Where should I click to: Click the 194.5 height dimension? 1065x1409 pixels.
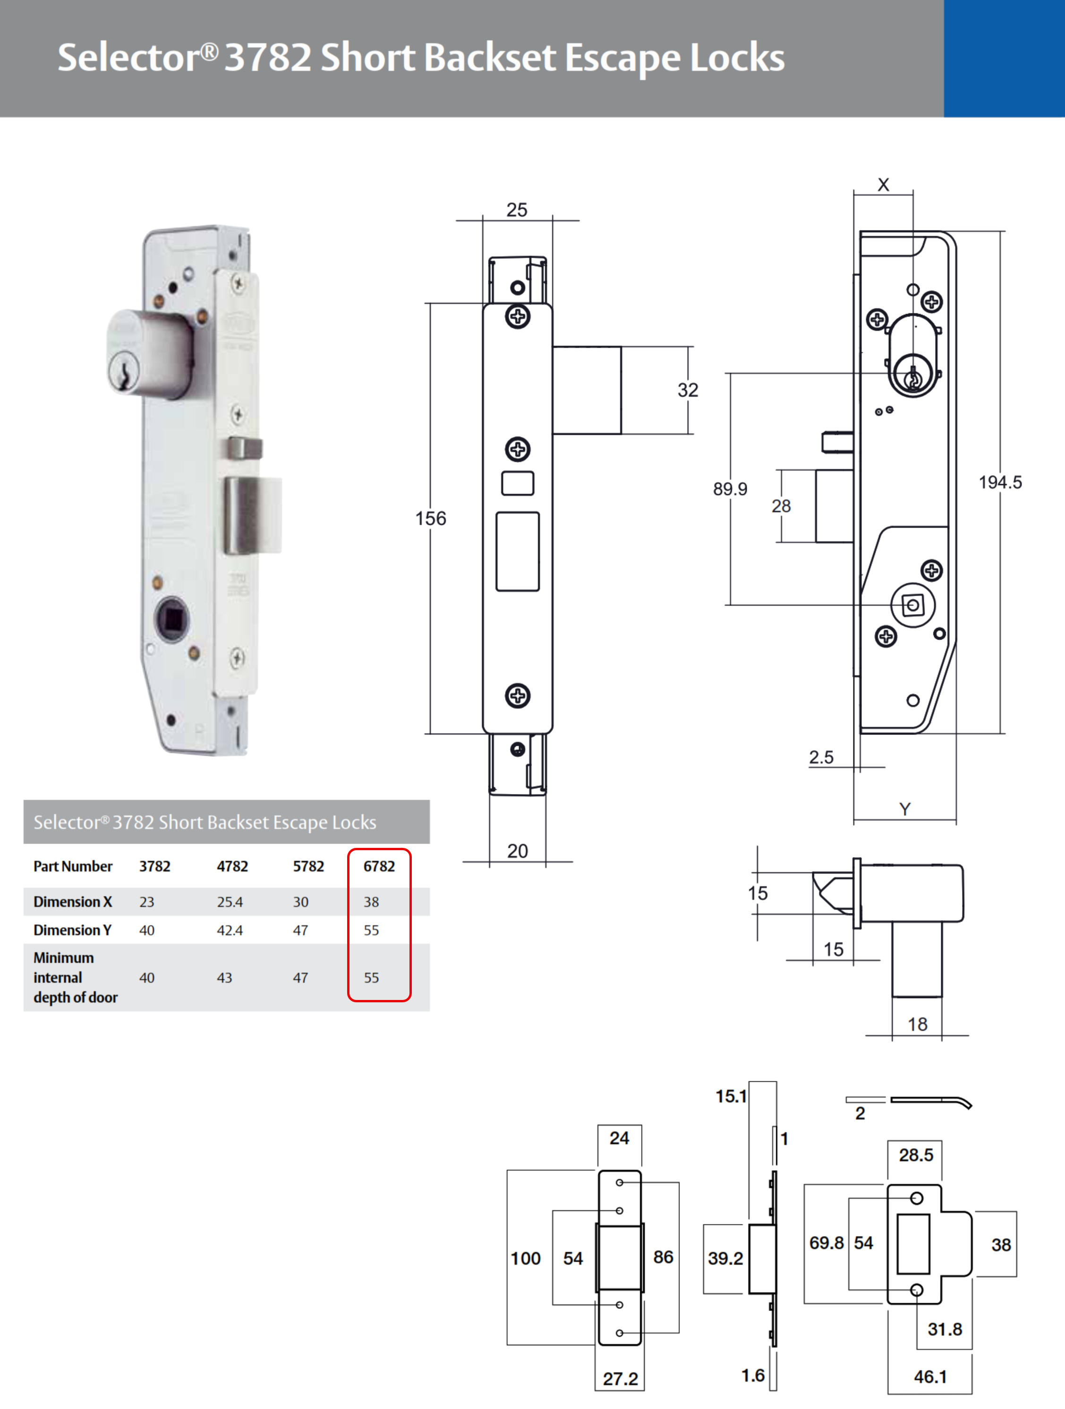pos(1000,482)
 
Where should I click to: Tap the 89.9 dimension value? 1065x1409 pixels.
pos(730,489)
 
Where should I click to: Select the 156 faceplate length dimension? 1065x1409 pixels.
pos(431,519)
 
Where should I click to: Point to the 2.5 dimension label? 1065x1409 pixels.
pos(821,757)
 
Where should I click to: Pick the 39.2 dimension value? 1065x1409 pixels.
pos(725,1258)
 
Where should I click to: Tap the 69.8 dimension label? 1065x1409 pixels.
pos(826,1243)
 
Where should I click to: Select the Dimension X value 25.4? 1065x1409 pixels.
pos(230,902)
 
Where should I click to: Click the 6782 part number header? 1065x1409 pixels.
pos(379,866)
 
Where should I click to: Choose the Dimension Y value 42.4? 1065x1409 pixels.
pos(230,930)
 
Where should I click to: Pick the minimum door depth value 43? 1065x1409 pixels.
pos(224,978)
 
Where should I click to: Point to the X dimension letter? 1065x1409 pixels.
pos(883,185)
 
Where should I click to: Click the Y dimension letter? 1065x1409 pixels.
pos(904,809)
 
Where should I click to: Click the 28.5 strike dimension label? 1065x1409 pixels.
pos(916,1155)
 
